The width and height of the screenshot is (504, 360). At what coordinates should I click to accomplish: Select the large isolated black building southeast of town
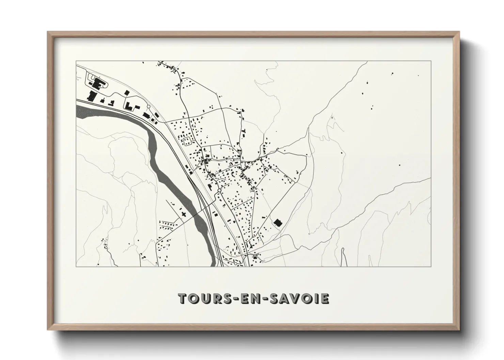pos(278,222)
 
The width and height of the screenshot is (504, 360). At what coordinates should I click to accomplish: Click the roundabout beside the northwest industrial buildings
pos(148,107)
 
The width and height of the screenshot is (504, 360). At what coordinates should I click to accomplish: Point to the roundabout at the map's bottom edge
pos(235,263)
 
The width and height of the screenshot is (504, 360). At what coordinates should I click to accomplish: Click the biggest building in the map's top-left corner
pos(98,83)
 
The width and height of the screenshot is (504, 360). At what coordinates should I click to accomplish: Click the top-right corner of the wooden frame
pos(458,32)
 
